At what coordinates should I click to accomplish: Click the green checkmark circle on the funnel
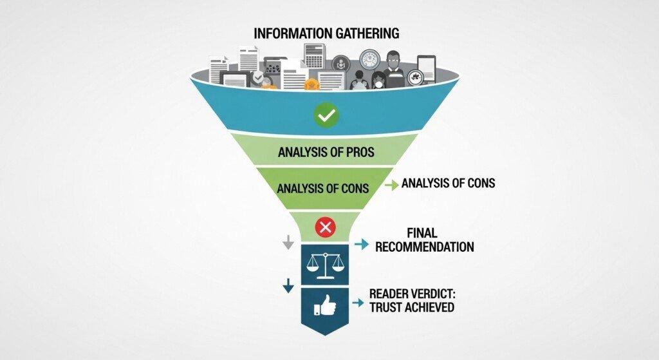coord(326,116)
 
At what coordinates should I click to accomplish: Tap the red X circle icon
coord(326,227)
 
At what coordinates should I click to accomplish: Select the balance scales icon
coord(326,264)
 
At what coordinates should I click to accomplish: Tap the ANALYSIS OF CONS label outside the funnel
coord(448,183)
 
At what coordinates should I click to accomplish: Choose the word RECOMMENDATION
coord(424,247)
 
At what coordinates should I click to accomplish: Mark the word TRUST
coord(385,307)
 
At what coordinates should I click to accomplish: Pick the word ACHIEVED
coord(430,307)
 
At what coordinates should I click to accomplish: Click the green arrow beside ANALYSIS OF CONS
coord(391,185)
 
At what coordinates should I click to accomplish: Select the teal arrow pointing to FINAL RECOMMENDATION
coord(362,245)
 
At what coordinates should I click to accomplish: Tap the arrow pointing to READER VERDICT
coord(357,299)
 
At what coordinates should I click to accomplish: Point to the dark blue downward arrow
coord(288,285)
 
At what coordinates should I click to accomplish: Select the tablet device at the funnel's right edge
coord(426,68)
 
